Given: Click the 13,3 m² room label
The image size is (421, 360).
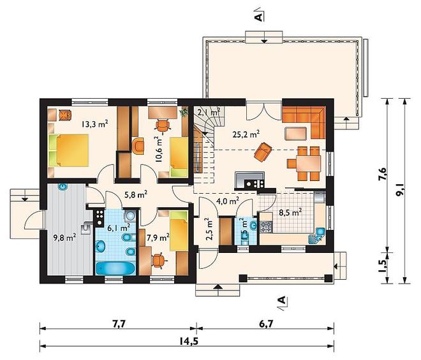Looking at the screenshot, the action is pyautogui.click(x=95, y=124).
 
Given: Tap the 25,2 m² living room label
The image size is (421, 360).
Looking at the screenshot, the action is pyautogui.click(x=246, y=134).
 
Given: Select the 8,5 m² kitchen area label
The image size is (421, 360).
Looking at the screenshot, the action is pyautogui.click(x=290, y=212).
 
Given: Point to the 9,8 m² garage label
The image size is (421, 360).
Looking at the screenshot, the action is pyautogui.click(x=64, y=237).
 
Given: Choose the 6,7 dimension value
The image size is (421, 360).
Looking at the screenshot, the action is pyautogui.click(x=266, y=324).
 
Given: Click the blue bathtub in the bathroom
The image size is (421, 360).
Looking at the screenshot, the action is pyautogui.click(x=115, y=269).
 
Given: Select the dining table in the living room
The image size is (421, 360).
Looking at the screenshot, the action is pyautogui.click(x=309, y=163).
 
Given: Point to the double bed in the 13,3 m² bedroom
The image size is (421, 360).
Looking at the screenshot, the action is pyautogui.click(x=69, y=150).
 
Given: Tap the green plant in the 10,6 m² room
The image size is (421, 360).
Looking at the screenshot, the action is pyautogui.click(x=184, y=112).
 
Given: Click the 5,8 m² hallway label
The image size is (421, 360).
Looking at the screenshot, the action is pyautogui.click(x=136, y=194).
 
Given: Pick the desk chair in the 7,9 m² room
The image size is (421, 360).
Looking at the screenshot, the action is pyautogui.click(x=158, y=261).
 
